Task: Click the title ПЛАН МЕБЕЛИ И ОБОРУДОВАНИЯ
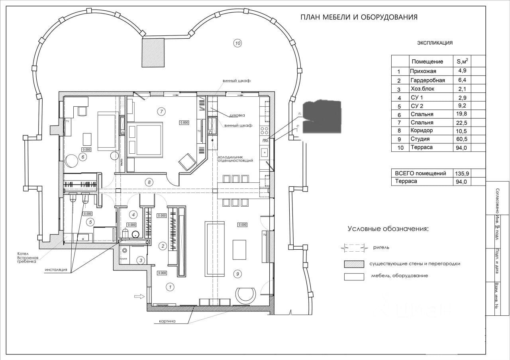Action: pos(359,17)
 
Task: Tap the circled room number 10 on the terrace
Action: pos(238,43)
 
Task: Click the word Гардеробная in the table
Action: pos(428,80)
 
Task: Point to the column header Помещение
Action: pos(427,61)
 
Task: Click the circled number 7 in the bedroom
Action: pos(161,111)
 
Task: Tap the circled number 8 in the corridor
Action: pos(149,182)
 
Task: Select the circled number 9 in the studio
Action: pos(237,274)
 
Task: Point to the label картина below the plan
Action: pos(167,321)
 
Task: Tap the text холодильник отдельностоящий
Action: pos(235,159)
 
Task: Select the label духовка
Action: pos(237,115)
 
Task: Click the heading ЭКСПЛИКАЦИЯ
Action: pos(435,43)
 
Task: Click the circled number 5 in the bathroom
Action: pos(90,222)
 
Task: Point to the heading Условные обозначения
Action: pos(388,229)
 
